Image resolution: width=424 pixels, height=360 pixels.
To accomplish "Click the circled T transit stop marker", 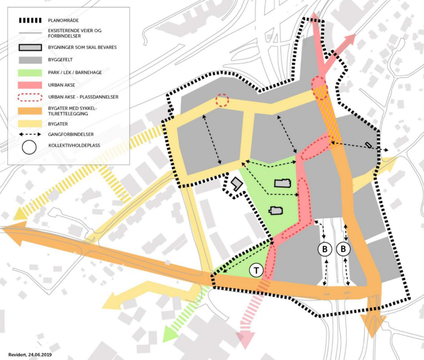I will pos(257,271).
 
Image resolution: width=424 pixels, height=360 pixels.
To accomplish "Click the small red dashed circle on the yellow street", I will pos(222,100).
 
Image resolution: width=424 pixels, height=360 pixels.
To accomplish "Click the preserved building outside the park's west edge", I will pos(235,185).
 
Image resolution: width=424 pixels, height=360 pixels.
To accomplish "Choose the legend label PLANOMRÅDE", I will pos(62,21).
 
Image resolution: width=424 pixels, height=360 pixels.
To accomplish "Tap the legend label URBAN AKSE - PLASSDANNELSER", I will pos(83,97).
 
